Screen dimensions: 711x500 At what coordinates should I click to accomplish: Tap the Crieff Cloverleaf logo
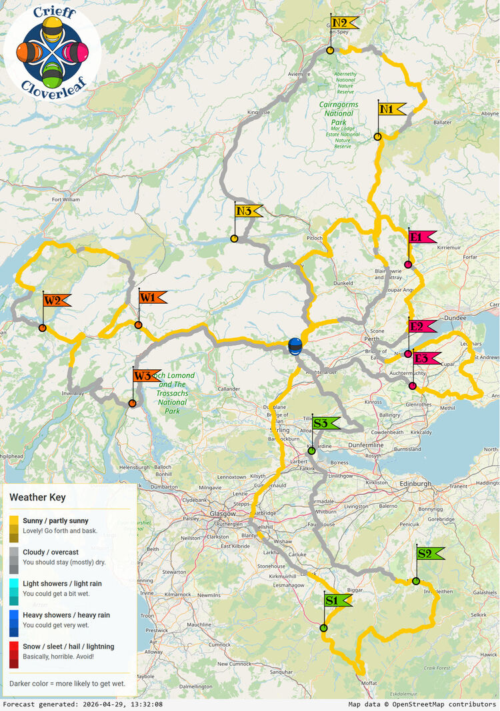(x=53, y=51)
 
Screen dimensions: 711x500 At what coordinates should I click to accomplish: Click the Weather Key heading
(x=37, y=497)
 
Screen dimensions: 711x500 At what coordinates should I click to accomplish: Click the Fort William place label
(x=70, y=199)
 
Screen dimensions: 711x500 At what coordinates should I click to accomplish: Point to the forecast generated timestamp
(x=83, y=704)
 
